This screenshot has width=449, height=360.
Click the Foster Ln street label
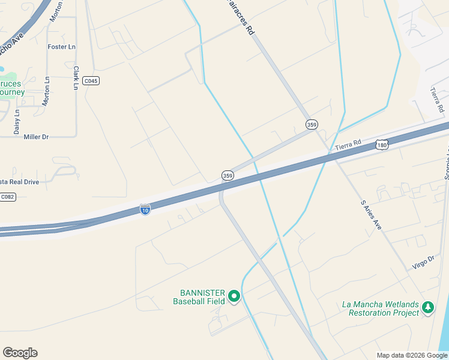tap(61, 47)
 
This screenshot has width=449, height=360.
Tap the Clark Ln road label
tap(76, 78)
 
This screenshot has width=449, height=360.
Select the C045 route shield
tap(91, 81)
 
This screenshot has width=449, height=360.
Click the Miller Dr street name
tap(36, 137)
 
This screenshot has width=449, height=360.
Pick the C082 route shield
tap(7, 197)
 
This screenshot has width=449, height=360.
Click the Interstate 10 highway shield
tap(145, 209)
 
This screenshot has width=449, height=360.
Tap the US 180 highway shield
tap(382, 145)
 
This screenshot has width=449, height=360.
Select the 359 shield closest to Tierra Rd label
tap(312, 124)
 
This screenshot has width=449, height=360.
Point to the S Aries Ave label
tap(370, 215)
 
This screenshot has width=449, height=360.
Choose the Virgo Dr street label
tap(423, 261)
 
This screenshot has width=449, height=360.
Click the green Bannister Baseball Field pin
tap(234, 296)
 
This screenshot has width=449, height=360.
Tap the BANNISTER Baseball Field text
tap(199, 297)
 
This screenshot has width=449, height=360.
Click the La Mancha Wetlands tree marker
tap(427, 308)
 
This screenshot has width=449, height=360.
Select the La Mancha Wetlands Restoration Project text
tap(381, 308)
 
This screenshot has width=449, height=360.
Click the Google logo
tap(20, 353)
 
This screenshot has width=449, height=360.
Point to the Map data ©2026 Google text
tap(412, 355)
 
